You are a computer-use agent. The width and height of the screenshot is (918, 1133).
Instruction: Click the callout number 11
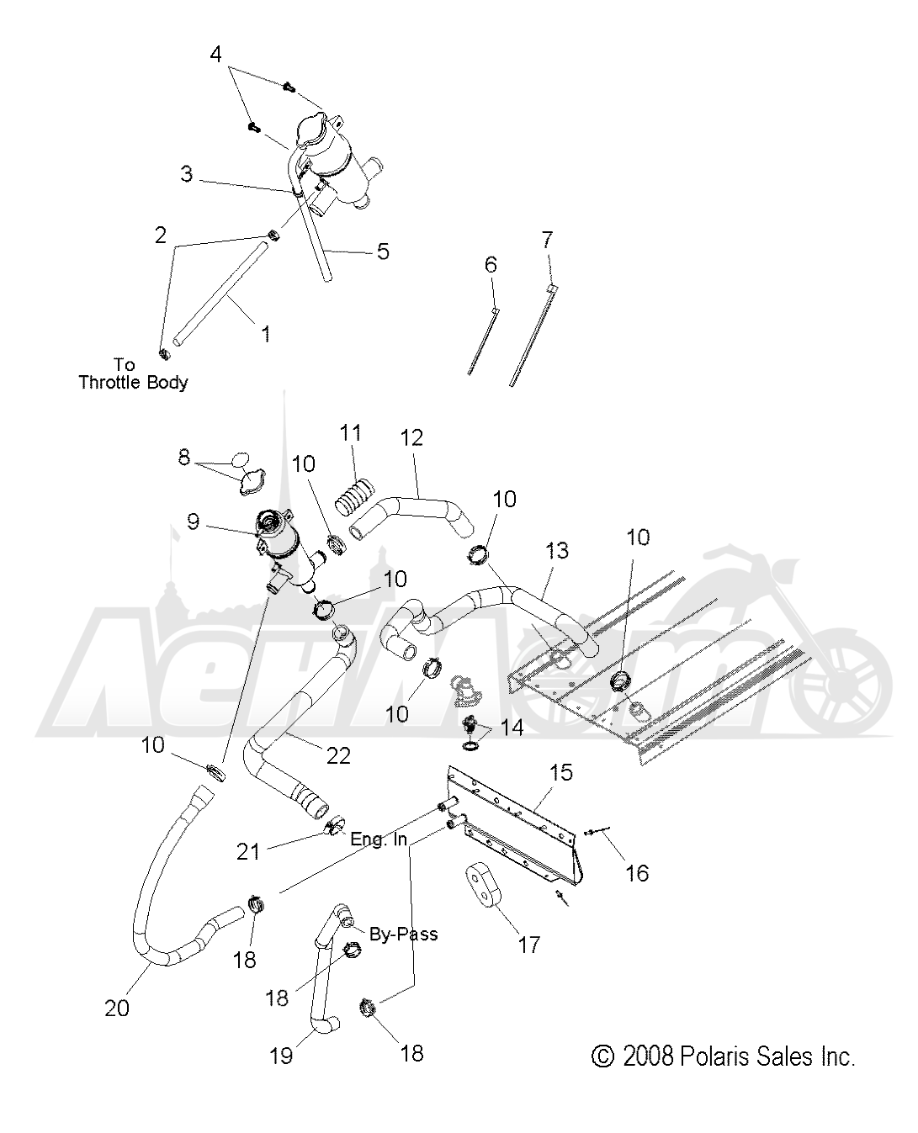click(x=351, y=433)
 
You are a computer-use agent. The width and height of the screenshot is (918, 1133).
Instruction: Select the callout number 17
click(x=529, y=945)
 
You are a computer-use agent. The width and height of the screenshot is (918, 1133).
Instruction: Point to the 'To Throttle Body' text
click(x=133, y=373)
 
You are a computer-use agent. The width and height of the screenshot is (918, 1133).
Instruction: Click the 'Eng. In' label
click(x=379, y=839)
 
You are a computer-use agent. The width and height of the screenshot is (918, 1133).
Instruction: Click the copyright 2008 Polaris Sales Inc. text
click(x=724, y=1056)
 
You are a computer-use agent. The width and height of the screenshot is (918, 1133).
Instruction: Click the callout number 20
click(x=117, y=1008)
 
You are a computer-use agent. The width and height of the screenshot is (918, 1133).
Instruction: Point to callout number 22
click(x=338, y=756)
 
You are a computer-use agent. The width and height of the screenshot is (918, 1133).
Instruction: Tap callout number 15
click(x=561, y=772)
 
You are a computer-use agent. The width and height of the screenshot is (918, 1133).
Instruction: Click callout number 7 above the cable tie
click(x=547, y=241)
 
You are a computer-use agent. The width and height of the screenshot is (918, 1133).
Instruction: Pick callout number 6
click(x=491, y=265)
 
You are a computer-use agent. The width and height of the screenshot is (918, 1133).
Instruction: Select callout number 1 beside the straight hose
click(x=266, y=334)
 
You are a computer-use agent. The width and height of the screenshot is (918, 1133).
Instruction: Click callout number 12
click(x=412, y=438)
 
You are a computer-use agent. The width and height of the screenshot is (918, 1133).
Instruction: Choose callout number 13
click(x=556, y=551)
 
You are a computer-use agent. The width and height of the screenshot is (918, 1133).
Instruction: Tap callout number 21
click(x=248, y=852)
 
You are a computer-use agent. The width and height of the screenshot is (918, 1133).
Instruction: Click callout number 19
click(x=281, y=1055)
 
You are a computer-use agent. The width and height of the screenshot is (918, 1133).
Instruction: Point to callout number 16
click(x=637, y=873)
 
